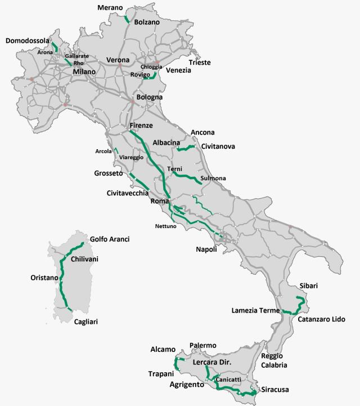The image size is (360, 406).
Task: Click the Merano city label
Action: pos(110,7)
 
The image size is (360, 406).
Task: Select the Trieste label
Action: pos(200,63)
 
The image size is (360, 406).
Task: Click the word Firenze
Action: pos(141,125)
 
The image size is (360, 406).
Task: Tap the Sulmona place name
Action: pos(213,179)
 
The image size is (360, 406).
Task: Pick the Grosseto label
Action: pos(109,174)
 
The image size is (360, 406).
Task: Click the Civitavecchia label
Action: pos(128,193)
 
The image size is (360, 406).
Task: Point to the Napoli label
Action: pos(206,249)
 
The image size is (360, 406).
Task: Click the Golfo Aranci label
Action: pos(110,239)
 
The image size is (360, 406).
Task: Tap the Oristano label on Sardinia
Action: pos(44,278)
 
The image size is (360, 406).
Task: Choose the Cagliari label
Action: pos(88,322)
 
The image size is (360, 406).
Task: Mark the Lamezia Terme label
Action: pos(256,310)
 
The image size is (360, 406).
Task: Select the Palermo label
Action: pos(202,345)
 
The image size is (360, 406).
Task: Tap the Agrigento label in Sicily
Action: pos(186,385)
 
